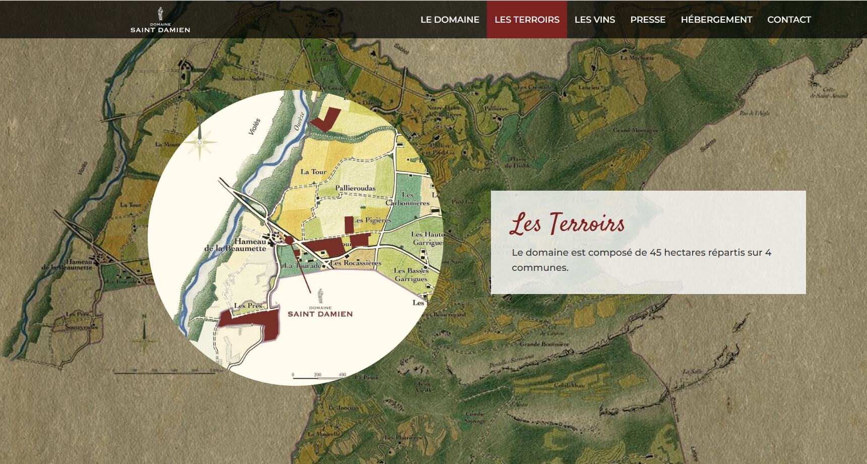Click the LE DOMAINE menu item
tap(450, 20)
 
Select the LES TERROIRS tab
tap(527, 20)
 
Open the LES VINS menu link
tap(595, 20)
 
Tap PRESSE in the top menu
tap(648, 20)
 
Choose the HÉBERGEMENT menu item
tap(716, 20)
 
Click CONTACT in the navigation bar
tap(789, 20)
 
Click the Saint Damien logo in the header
tap(160, 21)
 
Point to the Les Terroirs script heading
tap(567, 223)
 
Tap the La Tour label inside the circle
tap(314, 172)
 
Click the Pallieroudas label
tap(355, 188)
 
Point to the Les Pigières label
tap(373, 220)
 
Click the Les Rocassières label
tap(356, 263)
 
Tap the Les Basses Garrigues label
tap(411, 274)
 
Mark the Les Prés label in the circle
tap(248, 306)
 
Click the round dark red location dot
tap(289, 240)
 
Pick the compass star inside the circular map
tap(200, 142)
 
